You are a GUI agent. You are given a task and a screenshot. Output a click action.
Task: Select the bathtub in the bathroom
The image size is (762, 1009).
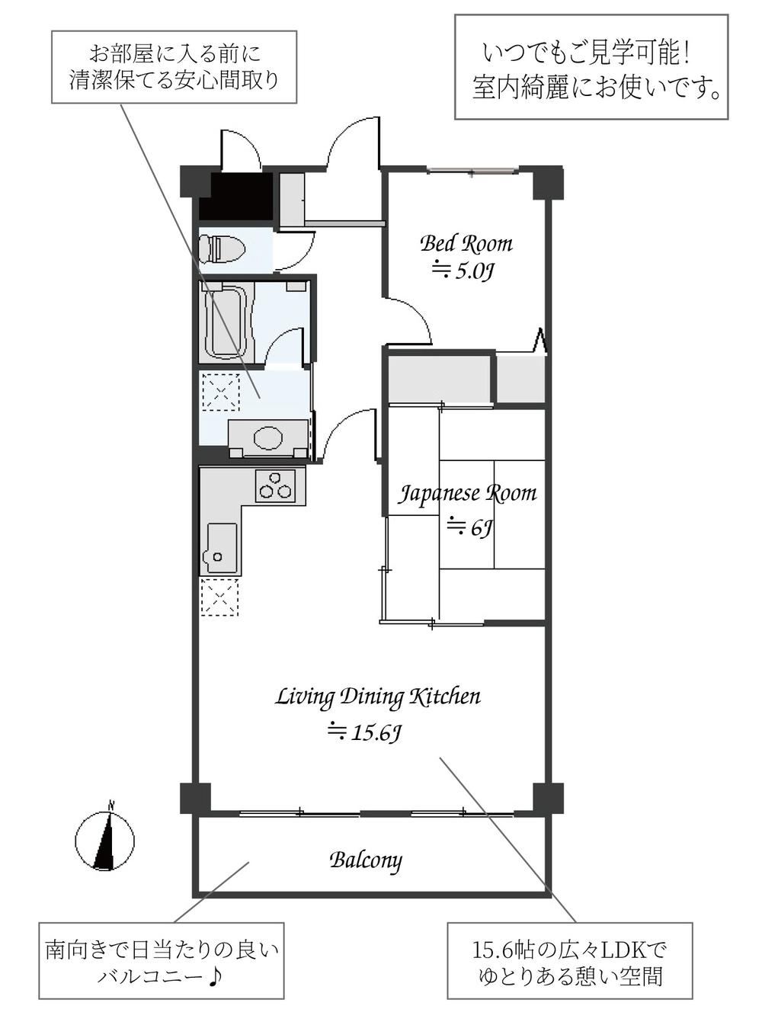(226, 322)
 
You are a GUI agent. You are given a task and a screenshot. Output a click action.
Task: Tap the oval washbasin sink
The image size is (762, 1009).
(269, 438)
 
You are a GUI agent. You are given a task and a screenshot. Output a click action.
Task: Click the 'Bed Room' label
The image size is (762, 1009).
(466, 244)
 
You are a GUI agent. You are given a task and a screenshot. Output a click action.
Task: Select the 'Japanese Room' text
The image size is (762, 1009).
(466, 494)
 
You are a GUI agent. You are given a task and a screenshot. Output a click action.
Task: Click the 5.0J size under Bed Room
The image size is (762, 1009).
(463, 272)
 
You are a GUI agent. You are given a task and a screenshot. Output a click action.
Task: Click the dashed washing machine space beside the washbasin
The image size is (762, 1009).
(221, 392)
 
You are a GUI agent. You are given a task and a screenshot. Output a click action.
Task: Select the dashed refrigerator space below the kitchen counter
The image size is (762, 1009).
(220, 597)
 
